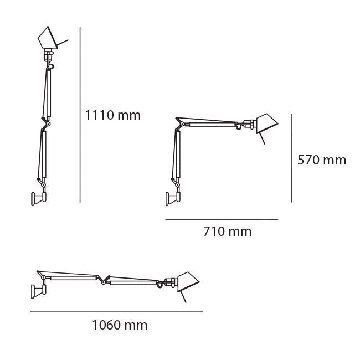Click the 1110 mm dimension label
coord(112,115)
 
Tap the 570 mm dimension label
coord(321,160)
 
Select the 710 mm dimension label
coord(227,232)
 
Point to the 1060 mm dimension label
coord(120,325)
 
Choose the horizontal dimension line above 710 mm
coord(222,219)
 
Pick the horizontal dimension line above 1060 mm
coord(116,312)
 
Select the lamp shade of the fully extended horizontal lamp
coord(187,281)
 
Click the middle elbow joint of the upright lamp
coord(47,124)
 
